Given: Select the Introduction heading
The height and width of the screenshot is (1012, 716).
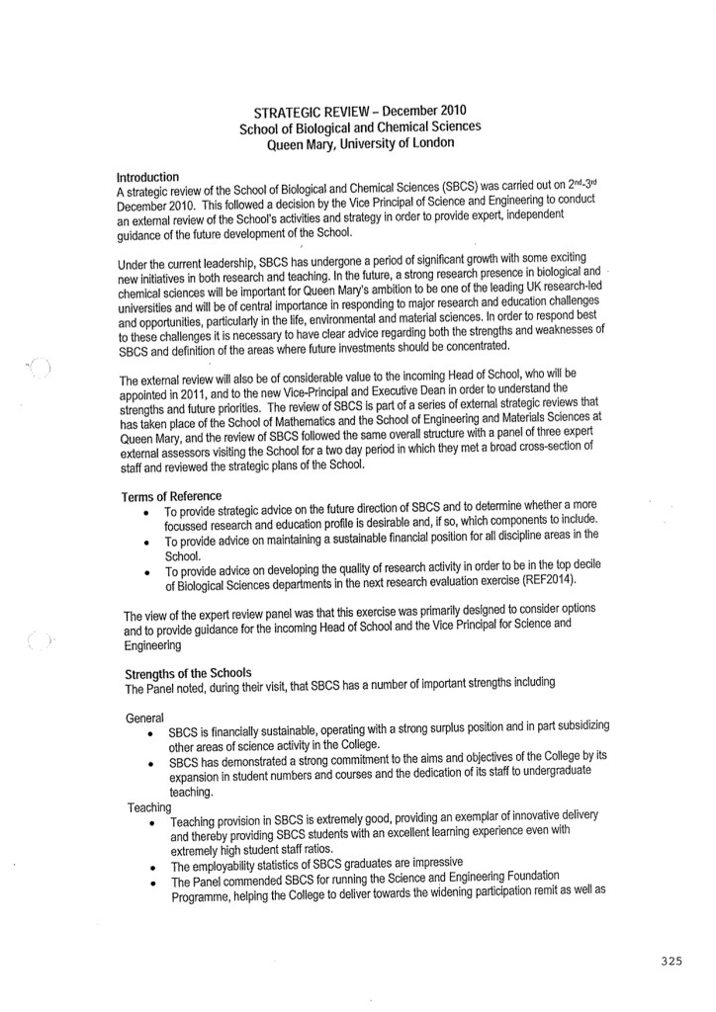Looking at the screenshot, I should pyautogui.click(x=147, y=177).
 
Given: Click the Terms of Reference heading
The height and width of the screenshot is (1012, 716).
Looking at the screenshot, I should pyautogui.click(x=171, y=495).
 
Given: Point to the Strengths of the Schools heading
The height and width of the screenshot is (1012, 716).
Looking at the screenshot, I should pyautogui.click(x=187, y=673).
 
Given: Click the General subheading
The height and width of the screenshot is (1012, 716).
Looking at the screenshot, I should pyautogui.click(x=146, y=716).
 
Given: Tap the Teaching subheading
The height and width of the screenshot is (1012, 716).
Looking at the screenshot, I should pyautogui.click(x=150, y=807).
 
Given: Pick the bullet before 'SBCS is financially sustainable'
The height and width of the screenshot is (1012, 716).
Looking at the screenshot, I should pyautogui.click(x=148, y=734).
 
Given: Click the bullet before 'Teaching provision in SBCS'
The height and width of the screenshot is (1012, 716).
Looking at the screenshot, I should pyautogui.click(x=149, y=823).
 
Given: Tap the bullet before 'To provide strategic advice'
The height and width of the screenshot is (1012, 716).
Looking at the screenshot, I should pyautogui.click(x=145, y=513).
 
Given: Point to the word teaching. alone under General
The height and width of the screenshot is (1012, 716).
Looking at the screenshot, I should pyautogui.click(x=191, y=793).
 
